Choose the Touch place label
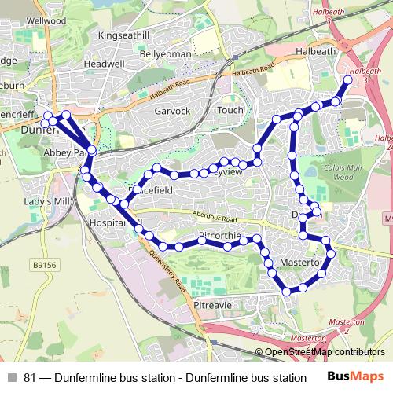[230, 111]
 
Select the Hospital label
[108, 222]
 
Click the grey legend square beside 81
[11, 376]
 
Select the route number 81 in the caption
[30, 376]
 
